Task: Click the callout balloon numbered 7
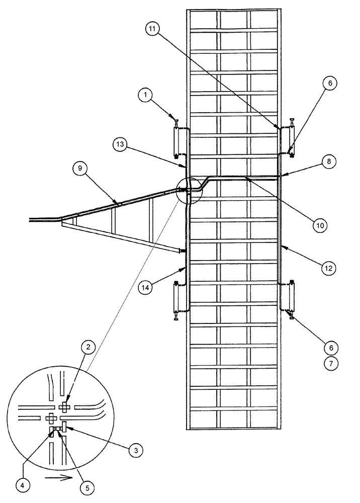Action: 331,363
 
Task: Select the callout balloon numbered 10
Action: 320,225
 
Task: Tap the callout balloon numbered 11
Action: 153,29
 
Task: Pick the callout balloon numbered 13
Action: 120,145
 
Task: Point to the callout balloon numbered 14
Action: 145,288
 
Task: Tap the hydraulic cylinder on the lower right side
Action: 290,297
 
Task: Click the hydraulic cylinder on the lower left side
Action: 176,298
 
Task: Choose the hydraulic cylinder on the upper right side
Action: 290,140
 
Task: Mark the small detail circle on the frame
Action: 187,190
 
